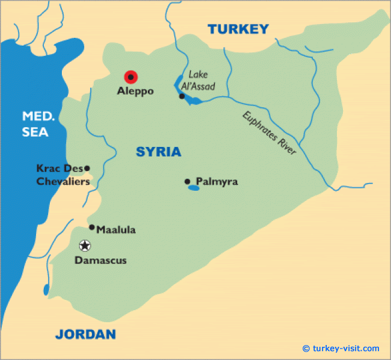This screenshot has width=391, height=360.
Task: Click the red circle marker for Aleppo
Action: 130,77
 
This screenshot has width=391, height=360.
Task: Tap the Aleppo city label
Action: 135,92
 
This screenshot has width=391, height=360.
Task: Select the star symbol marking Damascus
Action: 85,245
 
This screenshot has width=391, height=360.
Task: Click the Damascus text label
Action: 100,260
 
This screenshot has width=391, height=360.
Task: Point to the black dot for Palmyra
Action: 187,181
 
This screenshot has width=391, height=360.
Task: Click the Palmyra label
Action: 217,181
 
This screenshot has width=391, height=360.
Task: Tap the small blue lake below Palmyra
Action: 193,188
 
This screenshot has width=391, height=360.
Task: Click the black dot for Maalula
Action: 91,227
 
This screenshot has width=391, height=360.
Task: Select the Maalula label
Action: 116,229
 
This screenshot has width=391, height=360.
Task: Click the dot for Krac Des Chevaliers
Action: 87,169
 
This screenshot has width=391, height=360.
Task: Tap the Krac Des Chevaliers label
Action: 62,175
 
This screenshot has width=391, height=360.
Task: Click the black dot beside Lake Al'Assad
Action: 181,96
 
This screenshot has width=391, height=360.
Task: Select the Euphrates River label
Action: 270,133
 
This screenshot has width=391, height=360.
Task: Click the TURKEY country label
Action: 238,29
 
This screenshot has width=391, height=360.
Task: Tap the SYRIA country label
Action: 159,152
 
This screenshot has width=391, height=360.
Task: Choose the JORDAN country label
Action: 85,334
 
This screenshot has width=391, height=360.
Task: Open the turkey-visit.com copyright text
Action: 341,349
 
